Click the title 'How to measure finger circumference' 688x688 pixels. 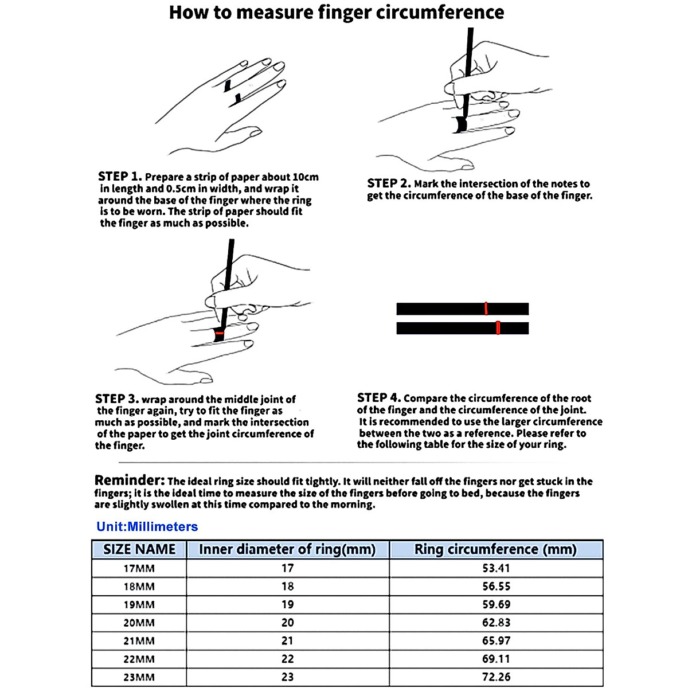(x=337, y=13)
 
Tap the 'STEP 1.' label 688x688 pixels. (x=120, y=177)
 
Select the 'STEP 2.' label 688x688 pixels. (x=389, y=183)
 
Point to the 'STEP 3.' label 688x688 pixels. (x=117, y=398)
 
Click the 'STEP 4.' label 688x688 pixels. (x=379, y=397)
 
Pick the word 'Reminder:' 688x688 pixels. (x=130, y=480)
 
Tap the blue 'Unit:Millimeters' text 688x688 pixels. (x=147, y=527)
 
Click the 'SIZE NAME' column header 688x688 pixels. (x=139, y=549)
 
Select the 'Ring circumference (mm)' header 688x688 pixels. (x=495, y=549)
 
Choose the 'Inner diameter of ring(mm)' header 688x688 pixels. (x=287, y=549)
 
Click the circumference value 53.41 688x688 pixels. (x=496, y=568)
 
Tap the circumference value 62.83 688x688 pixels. (x=496, y=623)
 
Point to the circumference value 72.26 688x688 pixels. (x=496, y=677)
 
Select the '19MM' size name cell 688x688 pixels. (x=139, y=604)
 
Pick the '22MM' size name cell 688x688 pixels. (x=139, y=659)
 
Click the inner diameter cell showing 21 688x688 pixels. (x=287, y=640)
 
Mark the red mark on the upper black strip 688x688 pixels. (x=486, y=308)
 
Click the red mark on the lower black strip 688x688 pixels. (x=498, y=328)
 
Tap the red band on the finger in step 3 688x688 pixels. (x=219, y=333)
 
